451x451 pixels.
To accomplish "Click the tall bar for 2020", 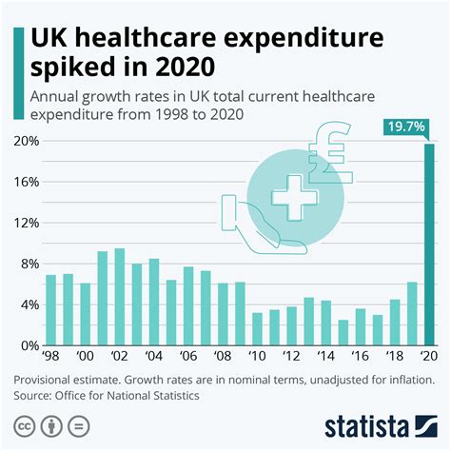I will [x=428, y=244].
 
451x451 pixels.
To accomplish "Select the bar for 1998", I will [x=51, y=309].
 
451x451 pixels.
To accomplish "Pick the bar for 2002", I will [x=119, y=296].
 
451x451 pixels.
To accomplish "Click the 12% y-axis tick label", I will [x=26, y=223].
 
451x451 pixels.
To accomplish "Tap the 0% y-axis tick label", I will [x=29, y=345].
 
